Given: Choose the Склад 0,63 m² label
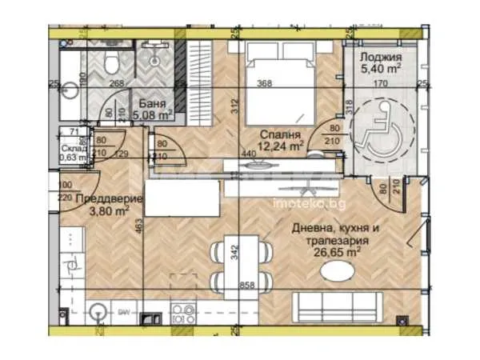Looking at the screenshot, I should [x=76, y=153].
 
